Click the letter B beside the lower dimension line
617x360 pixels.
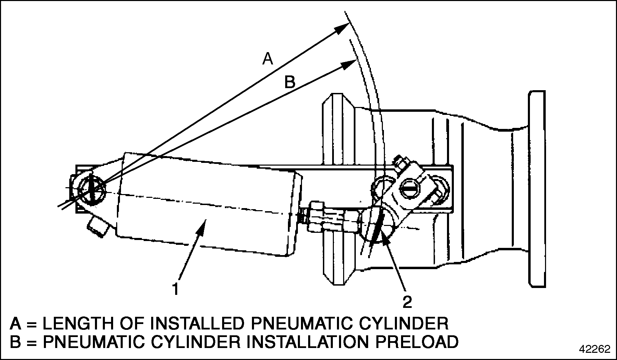tap(290, 83)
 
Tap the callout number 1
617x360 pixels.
tap(176, 289)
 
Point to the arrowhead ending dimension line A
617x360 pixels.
tap(342, 28)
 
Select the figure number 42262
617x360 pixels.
tap(595, 349)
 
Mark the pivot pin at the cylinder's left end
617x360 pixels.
tap(91, 189)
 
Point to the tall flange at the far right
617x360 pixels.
tap(536, 189)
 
